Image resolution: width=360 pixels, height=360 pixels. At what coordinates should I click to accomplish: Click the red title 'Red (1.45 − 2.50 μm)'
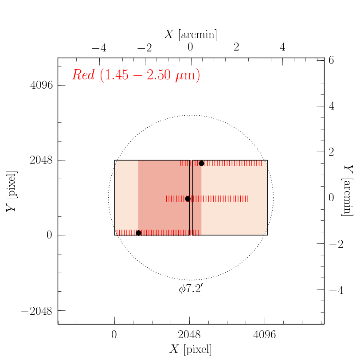[x=136, y=75]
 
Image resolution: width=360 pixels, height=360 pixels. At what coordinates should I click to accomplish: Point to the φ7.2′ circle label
[x=191, y=290]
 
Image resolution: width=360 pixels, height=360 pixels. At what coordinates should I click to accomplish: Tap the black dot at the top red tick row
[x=201, y=163]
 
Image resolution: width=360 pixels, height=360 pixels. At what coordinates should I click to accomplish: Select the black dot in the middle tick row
[x=188, y=199]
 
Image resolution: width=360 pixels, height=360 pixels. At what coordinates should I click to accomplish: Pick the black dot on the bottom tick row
[x=138, y=233]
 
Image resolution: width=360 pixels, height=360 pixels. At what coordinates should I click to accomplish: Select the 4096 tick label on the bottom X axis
[x=265, y=335]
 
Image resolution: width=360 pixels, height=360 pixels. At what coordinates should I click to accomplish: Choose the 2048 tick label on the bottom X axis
[x=190, y=335]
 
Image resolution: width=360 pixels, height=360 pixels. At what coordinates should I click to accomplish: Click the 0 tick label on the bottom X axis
[x=114, y=335]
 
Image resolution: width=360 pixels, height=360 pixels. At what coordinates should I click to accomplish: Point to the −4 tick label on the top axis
[x=99, y=47]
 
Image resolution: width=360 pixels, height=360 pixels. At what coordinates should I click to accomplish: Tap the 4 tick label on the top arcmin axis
[x=282, y=47]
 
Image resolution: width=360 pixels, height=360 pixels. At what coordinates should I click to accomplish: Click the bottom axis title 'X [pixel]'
[x=191, y=349]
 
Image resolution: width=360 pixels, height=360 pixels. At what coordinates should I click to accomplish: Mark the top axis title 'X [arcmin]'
[x=191, y=35]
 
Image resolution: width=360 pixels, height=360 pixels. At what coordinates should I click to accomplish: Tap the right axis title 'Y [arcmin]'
[x=349, y=191]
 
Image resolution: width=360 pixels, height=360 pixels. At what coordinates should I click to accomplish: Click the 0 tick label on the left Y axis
[x=49, y=235]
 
